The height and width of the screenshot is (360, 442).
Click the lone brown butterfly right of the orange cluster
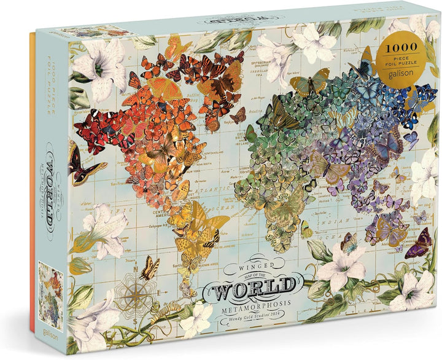click(238, 115)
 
